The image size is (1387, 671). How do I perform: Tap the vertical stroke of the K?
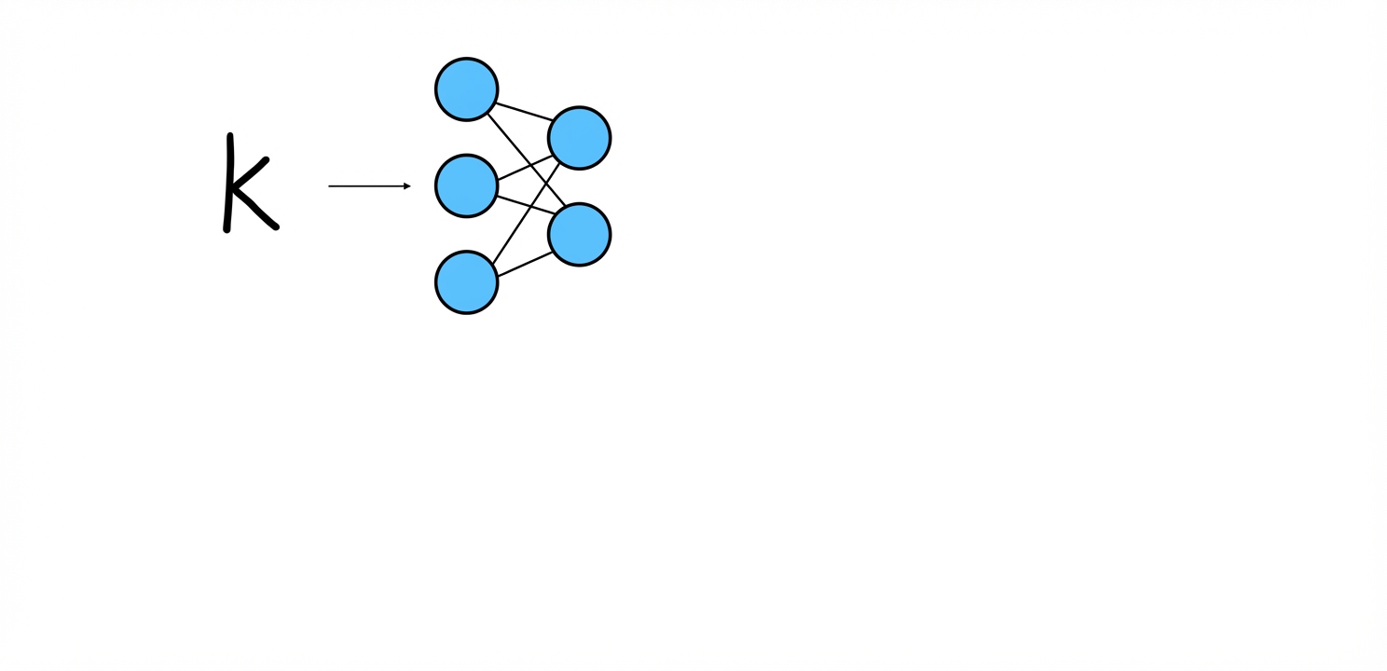click(228, 184)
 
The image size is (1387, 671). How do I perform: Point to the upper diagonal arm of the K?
click(250, 172)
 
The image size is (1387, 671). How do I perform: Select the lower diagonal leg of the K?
click(255, 208)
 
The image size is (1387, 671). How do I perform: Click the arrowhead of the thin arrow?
click(407, 185)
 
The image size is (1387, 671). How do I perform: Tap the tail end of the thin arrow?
click(329, 185)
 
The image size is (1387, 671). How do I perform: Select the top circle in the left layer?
click(466, 89)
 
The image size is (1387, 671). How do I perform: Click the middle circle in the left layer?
click(466, 185)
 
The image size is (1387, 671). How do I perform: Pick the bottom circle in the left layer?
click(466, 282)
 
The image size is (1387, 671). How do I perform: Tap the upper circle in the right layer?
click(580, 138)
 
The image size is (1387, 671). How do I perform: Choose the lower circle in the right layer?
click(580, 235)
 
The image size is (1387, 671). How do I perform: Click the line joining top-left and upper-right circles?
click(525, 112)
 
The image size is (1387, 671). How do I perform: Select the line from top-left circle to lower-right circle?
click(527, 159)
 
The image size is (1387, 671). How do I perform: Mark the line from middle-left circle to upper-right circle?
click(525, 167)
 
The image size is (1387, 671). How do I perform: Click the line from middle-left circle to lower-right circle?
click(526, 205)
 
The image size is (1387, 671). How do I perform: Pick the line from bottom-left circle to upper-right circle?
click(527, 212)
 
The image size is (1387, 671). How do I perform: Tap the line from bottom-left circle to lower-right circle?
click(525, 264)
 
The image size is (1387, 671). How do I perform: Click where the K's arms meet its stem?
click(230, 186)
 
